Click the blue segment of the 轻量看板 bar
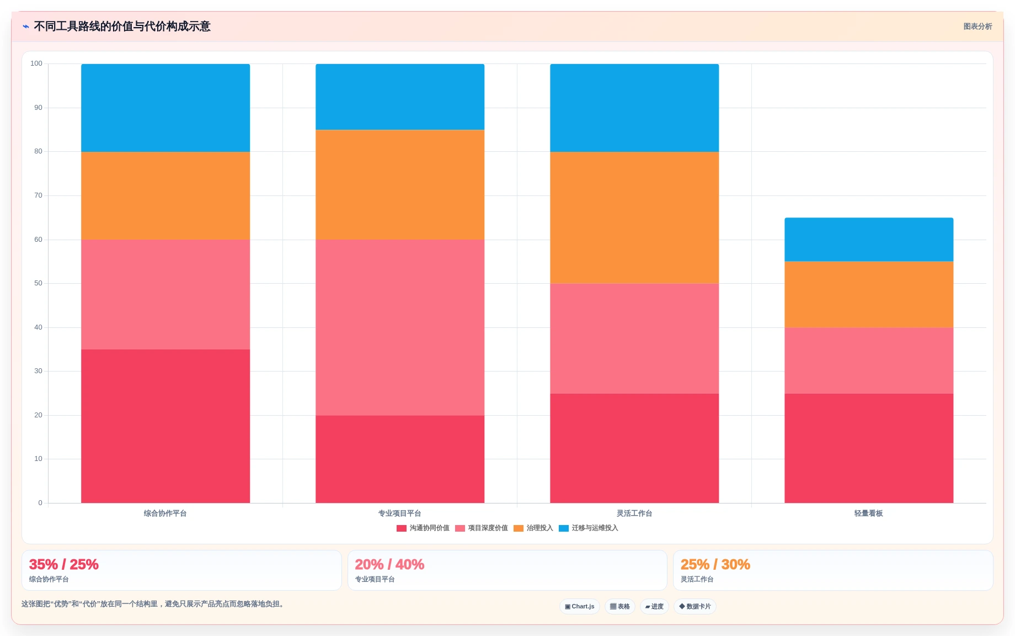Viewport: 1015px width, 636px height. click(x=869, y=240)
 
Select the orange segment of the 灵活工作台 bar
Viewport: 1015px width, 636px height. click(x=634, y=218)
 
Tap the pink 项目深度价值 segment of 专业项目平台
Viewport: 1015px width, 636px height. click(x=400, y=327)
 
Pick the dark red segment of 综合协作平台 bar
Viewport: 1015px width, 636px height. click(x=165, y=426)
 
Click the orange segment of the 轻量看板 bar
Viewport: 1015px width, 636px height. click(x=869, y=295)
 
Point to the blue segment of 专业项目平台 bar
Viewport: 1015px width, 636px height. click(x=400, y=97)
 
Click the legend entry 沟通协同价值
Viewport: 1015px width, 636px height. click(x=423, y=528)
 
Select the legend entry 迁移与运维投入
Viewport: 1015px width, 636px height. click(x=589, y=528)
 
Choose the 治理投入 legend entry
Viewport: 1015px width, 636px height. click(x=533, y=528)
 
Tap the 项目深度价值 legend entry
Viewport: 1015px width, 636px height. click(x=482, y=528)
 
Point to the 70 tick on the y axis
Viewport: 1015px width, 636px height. click(x=38, y=195)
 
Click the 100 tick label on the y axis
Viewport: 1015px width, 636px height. click(x=36, y=63)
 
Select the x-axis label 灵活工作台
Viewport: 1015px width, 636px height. click(x=634, y=513)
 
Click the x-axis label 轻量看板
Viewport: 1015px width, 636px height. click(x=869, y=513)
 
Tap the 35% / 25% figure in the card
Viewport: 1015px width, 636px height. click(x=64, y=564)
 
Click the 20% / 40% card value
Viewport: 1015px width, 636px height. click(x=389, y=564)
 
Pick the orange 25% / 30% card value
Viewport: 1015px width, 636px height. click(x=715, y=564)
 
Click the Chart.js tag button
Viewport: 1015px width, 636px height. click(x=580, y=606)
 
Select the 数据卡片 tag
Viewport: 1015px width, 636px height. click(x=695, y=606)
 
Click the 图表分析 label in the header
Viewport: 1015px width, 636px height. click(x=977, y=26)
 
